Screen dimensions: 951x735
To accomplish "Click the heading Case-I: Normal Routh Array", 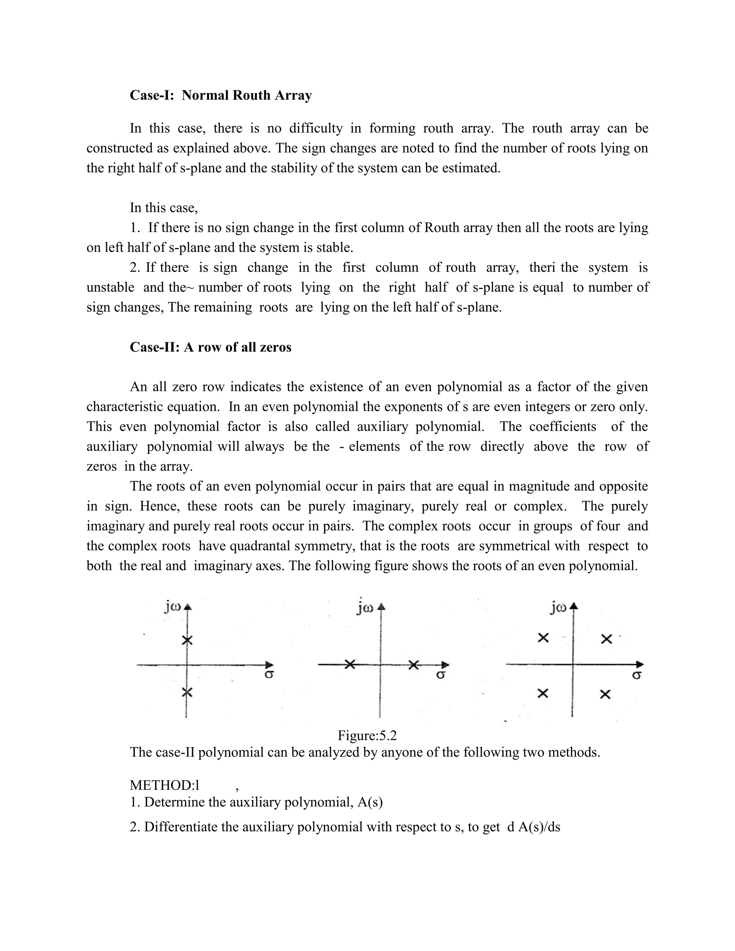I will (221, 95).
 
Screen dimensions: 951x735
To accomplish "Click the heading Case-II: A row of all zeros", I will (210, 347).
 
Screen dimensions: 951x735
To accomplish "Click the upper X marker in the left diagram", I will (187, 641).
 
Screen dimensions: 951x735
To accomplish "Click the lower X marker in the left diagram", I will (187, 692).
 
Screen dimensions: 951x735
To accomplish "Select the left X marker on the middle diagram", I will (350, 665).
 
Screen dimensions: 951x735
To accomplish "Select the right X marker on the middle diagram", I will (414, 665).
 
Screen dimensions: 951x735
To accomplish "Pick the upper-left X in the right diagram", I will (543, 638).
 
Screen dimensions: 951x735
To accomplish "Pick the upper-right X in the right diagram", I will (607, 639).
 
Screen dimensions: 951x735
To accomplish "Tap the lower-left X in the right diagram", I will (543, 693).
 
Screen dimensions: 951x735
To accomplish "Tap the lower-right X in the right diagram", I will (605, 694).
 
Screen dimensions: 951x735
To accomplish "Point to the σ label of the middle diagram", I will (441, 675).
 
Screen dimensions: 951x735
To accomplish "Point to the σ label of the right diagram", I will (636, 675).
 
